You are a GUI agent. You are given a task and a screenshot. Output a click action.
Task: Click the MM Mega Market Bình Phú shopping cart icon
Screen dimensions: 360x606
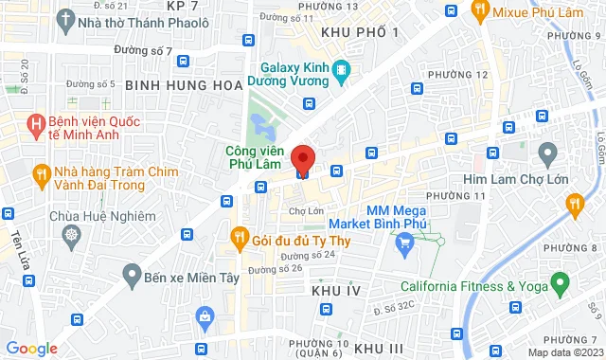(405, 243)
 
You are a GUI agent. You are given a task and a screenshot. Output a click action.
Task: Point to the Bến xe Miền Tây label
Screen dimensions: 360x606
(184, 276)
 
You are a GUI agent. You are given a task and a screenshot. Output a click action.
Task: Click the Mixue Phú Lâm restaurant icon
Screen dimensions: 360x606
(479, 10)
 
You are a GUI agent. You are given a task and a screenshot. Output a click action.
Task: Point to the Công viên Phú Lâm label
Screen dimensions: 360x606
(255, 156)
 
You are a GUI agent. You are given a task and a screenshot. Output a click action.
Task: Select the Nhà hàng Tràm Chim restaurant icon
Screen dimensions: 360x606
(41, 173)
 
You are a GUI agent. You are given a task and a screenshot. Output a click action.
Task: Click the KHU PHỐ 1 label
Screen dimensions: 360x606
(361, 32)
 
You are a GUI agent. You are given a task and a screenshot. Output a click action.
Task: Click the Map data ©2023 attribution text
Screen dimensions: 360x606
(564, 353)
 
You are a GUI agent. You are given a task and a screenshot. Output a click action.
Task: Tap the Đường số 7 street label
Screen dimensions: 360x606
(142, 50)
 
